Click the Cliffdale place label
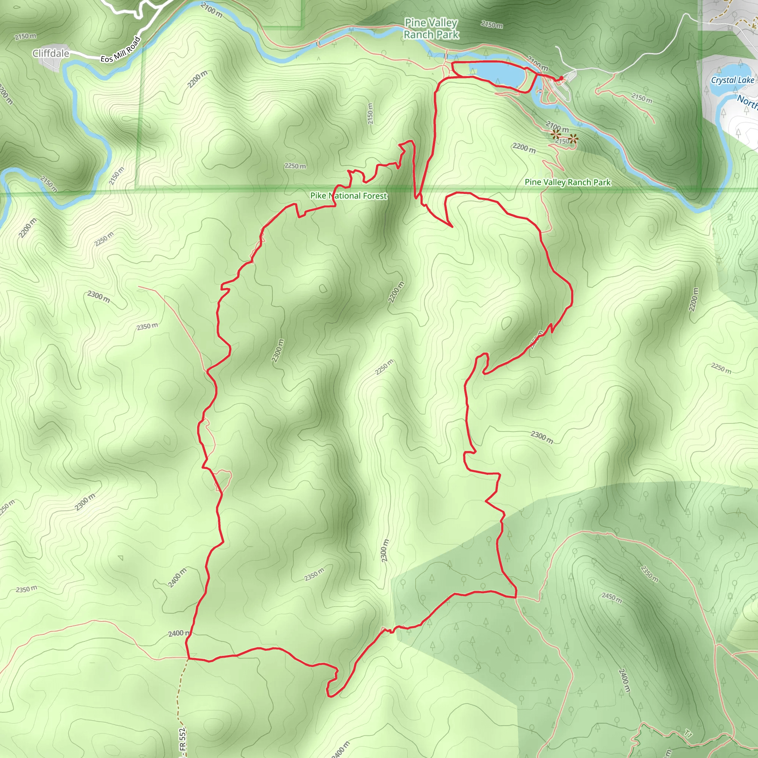51,53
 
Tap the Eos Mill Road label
120,50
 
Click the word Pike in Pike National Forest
318,195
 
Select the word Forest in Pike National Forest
375,196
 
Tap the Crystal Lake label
732,80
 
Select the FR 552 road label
182,741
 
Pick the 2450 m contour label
612,597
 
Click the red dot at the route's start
561,78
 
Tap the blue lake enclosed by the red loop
497,74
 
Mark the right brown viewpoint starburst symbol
574,138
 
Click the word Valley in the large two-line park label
442,23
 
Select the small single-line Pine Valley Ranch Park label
567,182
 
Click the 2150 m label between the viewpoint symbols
562,141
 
